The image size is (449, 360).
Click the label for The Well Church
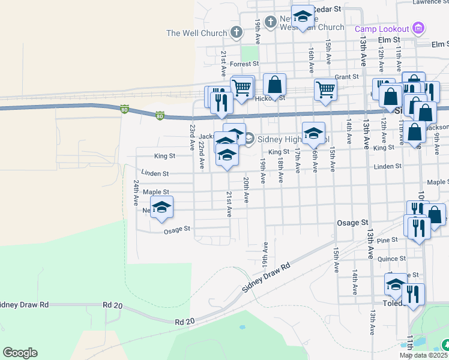pyautogui.click(x=196, y=33)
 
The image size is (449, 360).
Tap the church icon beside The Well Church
pyautogui.click(x=237, y=32)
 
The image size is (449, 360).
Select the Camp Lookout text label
pyautogui.click(x=382, y=28)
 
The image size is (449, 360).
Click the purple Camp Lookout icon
pyautogui.click(x=419, y=28)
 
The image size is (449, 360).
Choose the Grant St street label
pyautogui.click(x=346, y=77)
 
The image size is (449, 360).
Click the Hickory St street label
pyautogui.click(x=270, y=98)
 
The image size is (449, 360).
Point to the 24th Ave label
pyautogui.click(x=136, y=193)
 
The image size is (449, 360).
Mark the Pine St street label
pyautogui.click(x=388, y=239)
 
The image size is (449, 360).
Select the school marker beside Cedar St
pyautogui.click(x=303, y=16)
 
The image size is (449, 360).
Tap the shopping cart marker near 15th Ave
pyautogui.click(x=325, y=89)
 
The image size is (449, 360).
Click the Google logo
pyautogui.click(x=20, y=353)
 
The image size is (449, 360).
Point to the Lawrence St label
pyautogui.click(x=430, y=2)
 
